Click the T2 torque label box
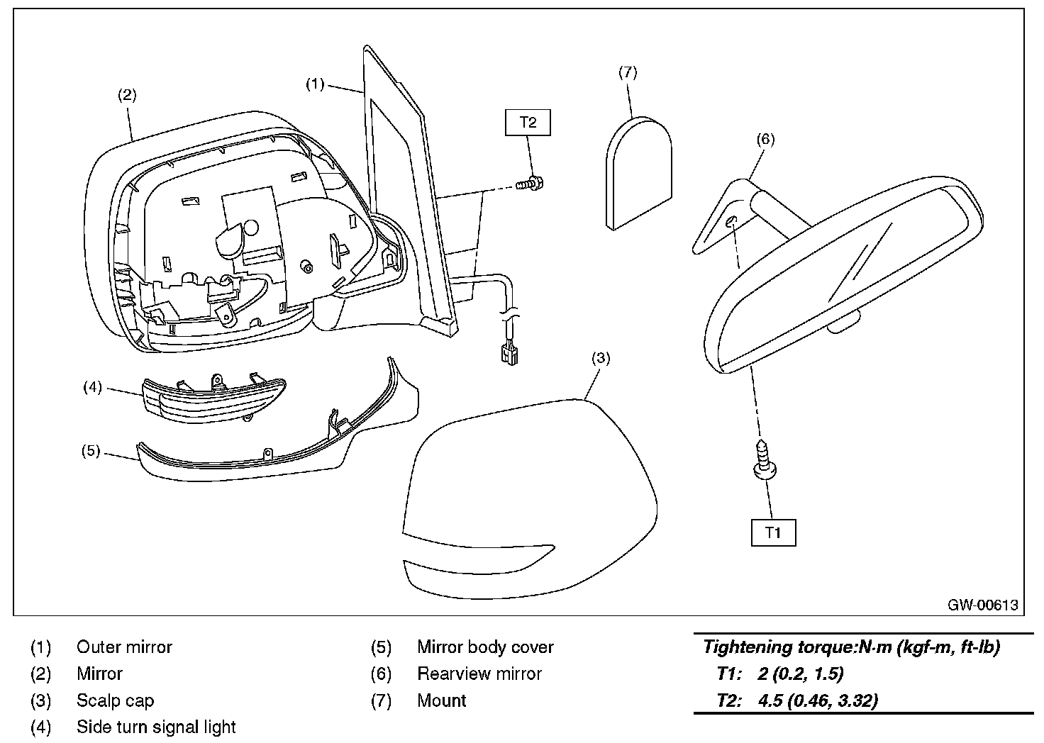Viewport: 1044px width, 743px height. (x=528, y=122)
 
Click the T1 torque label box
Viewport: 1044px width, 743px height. (x=773, y=532)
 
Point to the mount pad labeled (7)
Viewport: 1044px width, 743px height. (x=638, y=172)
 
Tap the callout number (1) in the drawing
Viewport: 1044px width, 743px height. (x=315, y=84)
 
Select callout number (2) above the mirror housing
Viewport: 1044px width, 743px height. (x=126, y=95)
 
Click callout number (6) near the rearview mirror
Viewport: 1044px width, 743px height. (x=765, y=139)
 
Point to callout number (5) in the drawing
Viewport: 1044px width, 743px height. (x=91, y=451)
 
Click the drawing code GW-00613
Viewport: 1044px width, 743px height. (x=982, y=605)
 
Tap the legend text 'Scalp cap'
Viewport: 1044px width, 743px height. (x=115, y=701)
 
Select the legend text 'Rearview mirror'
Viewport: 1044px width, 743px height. (x=479, y=674)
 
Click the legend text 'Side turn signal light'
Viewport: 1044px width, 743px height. (x=156, y=727)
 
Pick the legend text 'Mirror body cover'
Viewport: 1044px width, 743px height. (x=485, y=647)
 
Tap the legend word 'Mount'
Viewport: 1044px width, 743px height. (x=442, y=701)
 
